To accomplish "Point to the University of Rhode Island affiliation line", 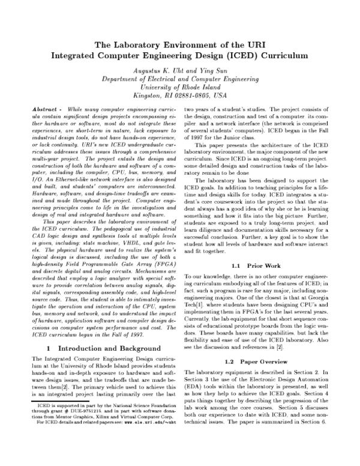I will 179,87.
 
